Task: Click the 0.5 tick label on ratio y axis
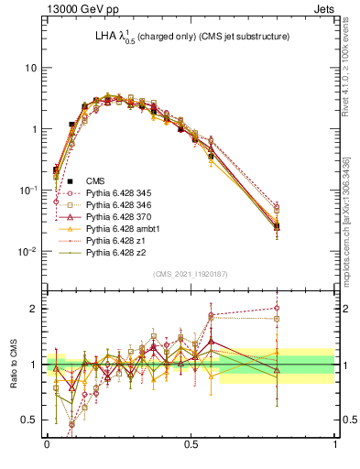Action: click(x=29, y=420)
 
